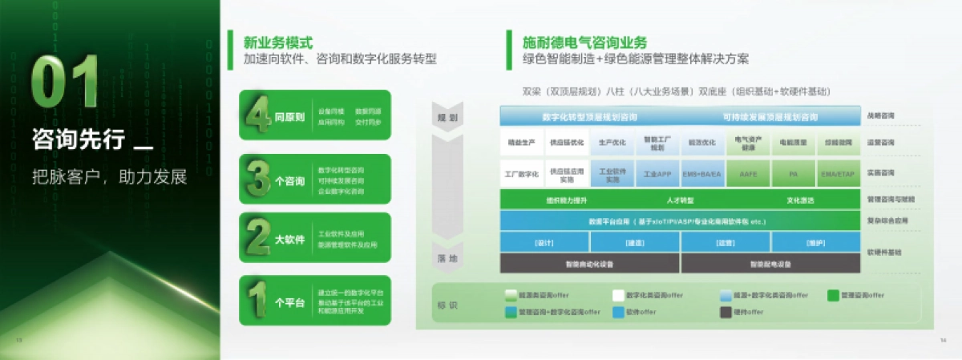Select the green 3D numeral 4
coord(258,116)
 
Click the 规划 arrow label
coord(447,117)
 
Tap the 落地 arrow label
coord(447,258)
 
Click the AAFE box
coord(748,173)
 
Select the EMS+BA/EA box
coord(702,173)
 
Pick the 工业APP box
coord(657,173)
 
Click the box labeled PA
coord(793,173)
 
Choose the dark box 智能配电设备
coord(770,263)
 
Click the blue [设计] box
coord(545,242)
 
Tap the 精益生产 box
coord(523,143)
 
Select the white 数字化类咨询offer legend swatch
coord(618,295)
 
